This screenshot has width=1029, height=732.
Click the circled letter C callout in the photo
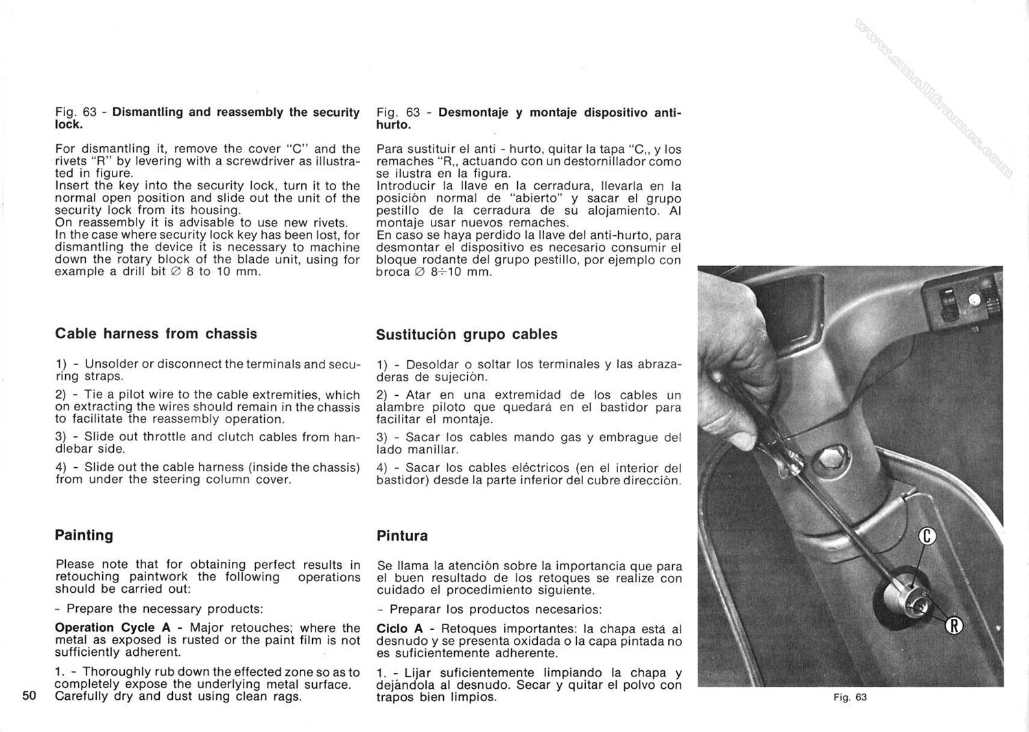pos(927,536)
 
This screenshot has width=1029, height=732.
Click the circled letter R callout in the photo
pos(954,625)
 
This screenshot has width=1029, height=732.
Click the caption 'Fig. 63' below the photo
pos(851,697)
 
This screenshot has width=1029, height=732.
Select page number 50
pos(29,696)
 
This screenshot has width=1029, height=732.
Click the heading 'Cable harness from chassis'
pos(156,334)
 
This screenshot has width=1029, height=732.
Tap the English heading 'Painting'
pos(84,535)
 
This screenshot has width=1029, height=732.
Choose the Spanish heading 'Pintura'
pos(402,536)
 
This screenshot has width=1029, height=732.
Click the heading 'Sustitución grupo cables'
pos(466,335)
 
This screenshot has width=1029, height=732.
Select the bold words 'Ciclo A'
pos(400,628)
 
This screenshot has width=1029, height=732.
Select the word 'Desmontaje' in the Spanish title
pos(473,112)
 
